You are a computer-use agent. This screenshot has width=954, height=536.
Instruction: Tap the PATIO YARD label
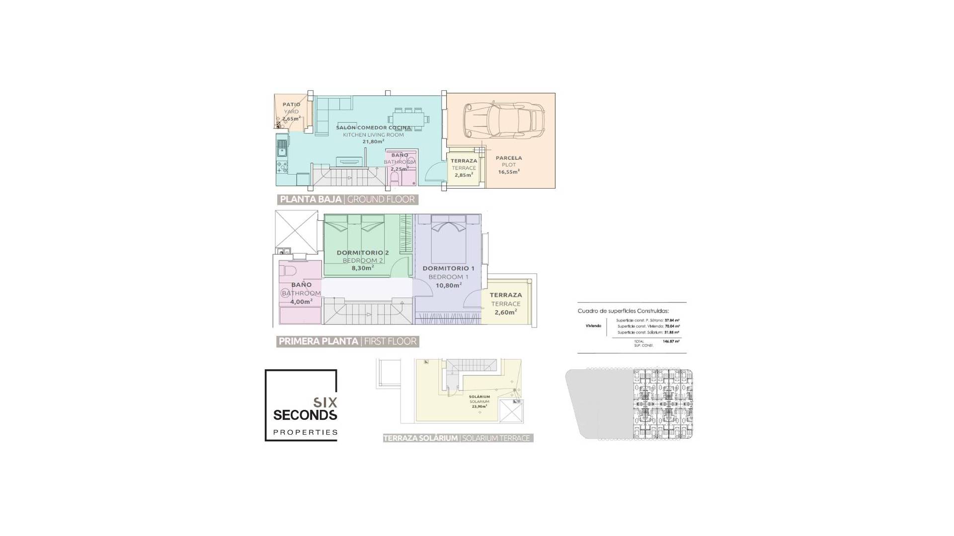pyautogui.click(x=291, y=108)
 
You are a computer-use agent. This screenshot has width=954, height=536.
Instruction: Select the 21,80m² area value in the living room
pyautogui.click(x=373, y=141)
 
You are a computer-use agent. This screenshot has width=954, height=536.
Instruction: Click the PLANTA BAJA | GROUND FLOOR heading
pyautogui.click(x=347, y=200)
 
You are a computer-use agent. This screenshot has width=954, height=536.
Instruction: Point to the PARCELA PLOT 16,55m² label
pyautogui.click(x=508, y=165)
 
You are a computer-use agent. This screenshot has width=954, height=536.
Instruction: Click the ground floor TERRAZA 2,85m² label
pyautogui.click(x=464, y=168)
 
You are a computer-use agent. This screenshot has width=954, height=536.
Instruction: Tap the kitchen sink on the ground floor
pyautogui.click(x=282, y=147)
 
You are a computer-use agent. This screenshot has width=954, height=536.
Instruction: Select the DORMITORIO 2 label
pyautogui.click(x=363, y=253)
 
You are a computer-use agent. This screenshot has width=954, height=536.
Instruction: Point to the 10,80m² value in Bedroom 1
pyautogui.click(x=449, y=285)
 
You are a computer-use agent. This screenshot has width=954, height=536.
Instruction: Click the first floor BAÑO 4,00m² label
pyautogui.click(x=301, y=293)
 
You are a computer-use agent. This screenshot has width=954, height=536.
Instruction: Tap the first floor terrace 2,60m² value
pyautogui.click(x=505, y=313)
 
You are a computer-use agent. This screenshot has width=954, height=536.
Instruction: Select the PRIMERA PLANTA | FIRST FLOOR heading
pyautogui.click(x=347, y=341)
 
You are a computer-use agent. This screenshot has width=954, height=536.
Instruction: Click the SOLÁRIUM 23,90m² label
pyautogui.click(x=479, y=402)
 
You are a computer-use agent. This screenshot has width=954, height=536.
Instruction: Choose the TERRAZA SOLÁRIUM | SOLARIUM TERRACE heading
pyautogui.click(x=458, y=438)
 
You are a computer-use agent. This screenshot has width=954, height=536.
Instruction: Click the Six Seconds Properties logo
pyautogui.click(x=301, y=405)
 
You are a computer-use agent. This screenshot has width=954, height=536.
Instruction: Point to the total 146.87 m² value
pyautogui.click(x=671, y=341)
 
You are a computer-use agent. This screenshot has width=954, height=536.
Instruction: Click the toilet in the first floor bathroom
pyautogui.click(x=288, y=271)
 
